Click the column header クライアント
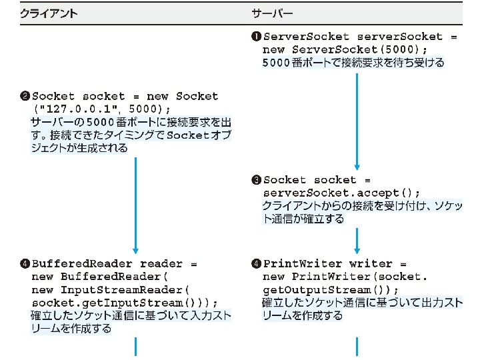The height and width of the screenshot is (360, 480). [48, 13]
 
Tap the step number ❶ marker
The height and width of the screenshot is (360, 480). [257, 37]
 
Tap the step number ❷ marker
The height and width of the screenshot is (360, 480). [25, 96]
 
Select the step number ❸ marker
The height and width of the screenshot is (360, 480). [257, 180]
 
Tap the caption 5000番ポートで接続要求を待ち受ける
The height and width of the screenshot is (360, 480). [353, 63]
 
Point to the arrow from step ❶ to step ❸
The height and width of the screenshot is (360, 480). [358, 120]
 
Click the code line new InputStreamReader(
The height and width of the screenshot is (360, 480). [111, 289]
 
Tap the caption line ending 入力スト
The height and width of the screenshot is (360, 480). [131, 315]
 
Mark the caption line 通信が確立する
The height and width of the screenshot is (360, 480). [303, 219]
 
